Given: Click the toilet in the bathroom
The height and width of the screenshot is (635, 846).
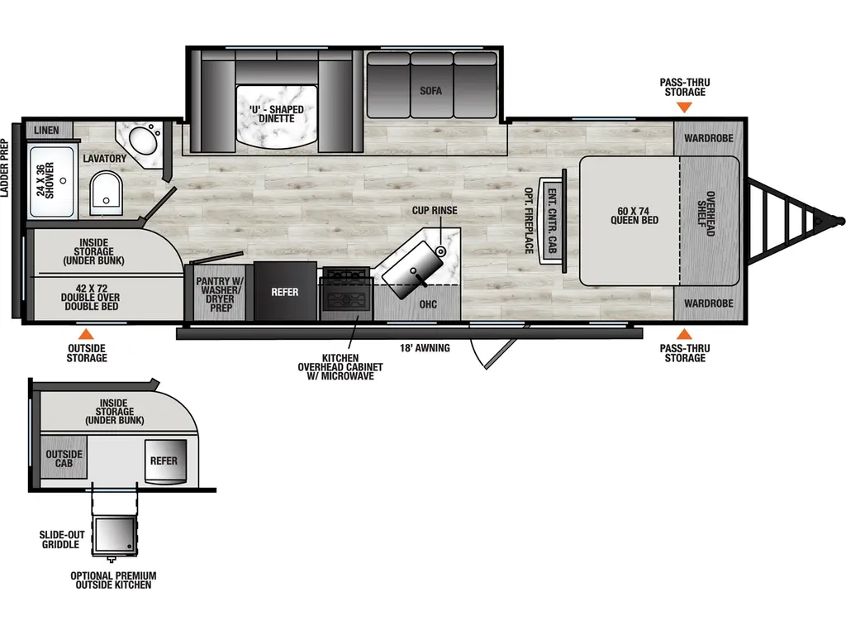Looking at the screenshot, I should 105,191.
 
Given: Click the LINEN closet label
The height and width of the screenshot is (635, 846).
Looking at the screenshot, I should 46,131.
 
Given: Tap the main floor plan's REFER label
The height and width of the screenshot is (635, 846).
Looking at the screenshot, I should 285,292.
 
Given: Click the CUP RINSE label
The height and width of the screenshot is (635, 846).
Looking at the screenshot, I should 435,211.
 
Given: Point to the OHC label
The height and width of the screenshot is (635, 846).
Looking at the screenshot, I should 427,303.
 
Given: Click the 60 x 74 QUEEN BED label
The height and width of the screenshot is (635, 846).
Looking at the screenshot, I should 634,215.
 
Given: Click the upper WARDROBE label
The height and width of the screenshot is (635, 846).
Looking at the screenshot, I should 709,138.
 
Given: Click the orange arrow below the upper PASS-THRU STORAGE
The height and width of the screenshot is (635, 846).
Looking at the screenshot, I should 685,107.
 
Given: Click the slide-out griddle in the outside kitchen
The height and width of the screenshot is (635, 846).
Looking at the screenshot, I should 114,537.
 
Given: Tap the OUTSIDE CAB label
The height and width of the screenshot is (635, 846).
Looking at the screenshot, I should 64,459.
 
